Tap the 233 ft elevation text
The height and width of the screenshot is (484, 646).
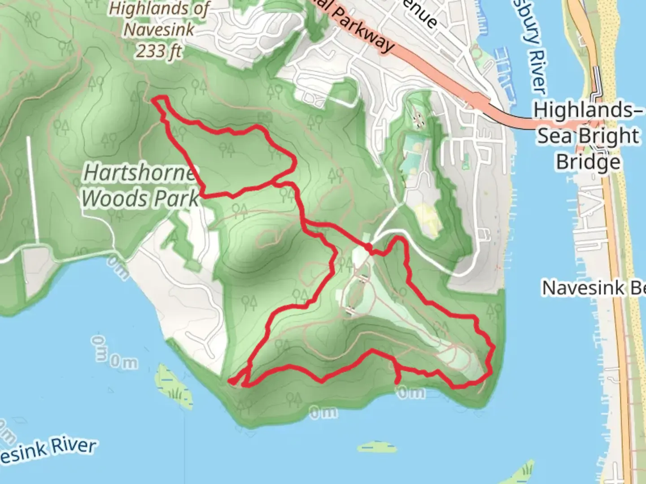coord(159,52)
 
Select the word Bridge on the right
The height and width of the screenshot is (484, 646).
coord(588,162)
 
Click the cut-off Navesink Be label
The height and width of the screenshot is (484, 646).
coord(594,288)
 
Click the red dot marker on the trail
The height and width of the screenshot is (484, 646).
coord(368,247)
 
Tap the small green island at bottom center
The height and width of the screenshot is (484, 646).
coord(378,447)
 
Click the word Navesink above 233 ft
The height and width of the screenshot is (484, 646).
coord(159,30)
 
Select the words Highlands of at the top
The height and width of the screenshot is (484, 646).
coord(159,9)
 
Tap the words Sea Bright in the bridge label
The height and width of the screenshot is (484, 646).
coord(588,136)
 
